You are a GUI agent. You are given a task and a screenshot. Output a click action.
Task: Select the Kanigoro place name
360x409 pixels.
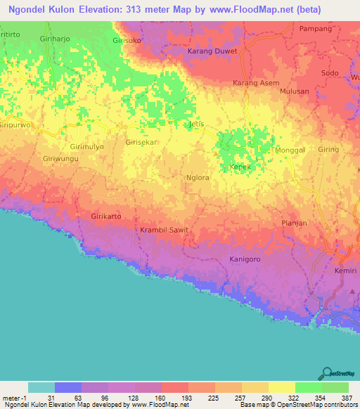point(245,259)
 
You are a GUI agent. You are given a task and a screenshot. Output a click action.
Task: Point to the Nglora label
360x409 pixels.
point(198,178)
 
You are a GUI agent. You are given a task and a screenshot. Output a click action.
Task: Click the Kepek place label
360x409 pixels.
point(240,167)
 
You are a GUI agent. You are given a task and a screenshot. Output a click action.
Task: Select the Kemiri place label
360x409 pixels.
point(347,271)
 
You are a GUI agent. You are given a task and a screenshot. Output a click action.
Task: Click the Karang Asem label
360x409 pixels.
point(256,82)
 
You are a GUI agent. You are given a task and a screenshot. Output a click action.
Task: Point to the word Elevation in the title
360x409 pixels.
point(131,9)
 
